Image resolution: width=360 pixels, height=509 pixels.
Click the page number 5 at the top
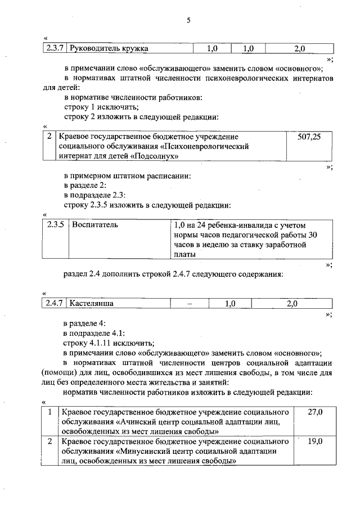tap(188, 21)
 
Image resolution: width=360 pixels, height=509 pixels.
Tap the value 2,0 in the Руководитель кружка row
tap(299, 48)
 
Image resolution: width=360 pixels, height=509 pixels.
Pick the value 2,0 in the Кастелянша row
tap(292, 304)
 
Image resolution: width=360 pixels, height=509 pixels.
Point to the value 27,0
tap(315, 412)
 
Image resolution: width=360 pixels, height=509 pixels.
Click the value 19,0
tap(315, 442)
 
